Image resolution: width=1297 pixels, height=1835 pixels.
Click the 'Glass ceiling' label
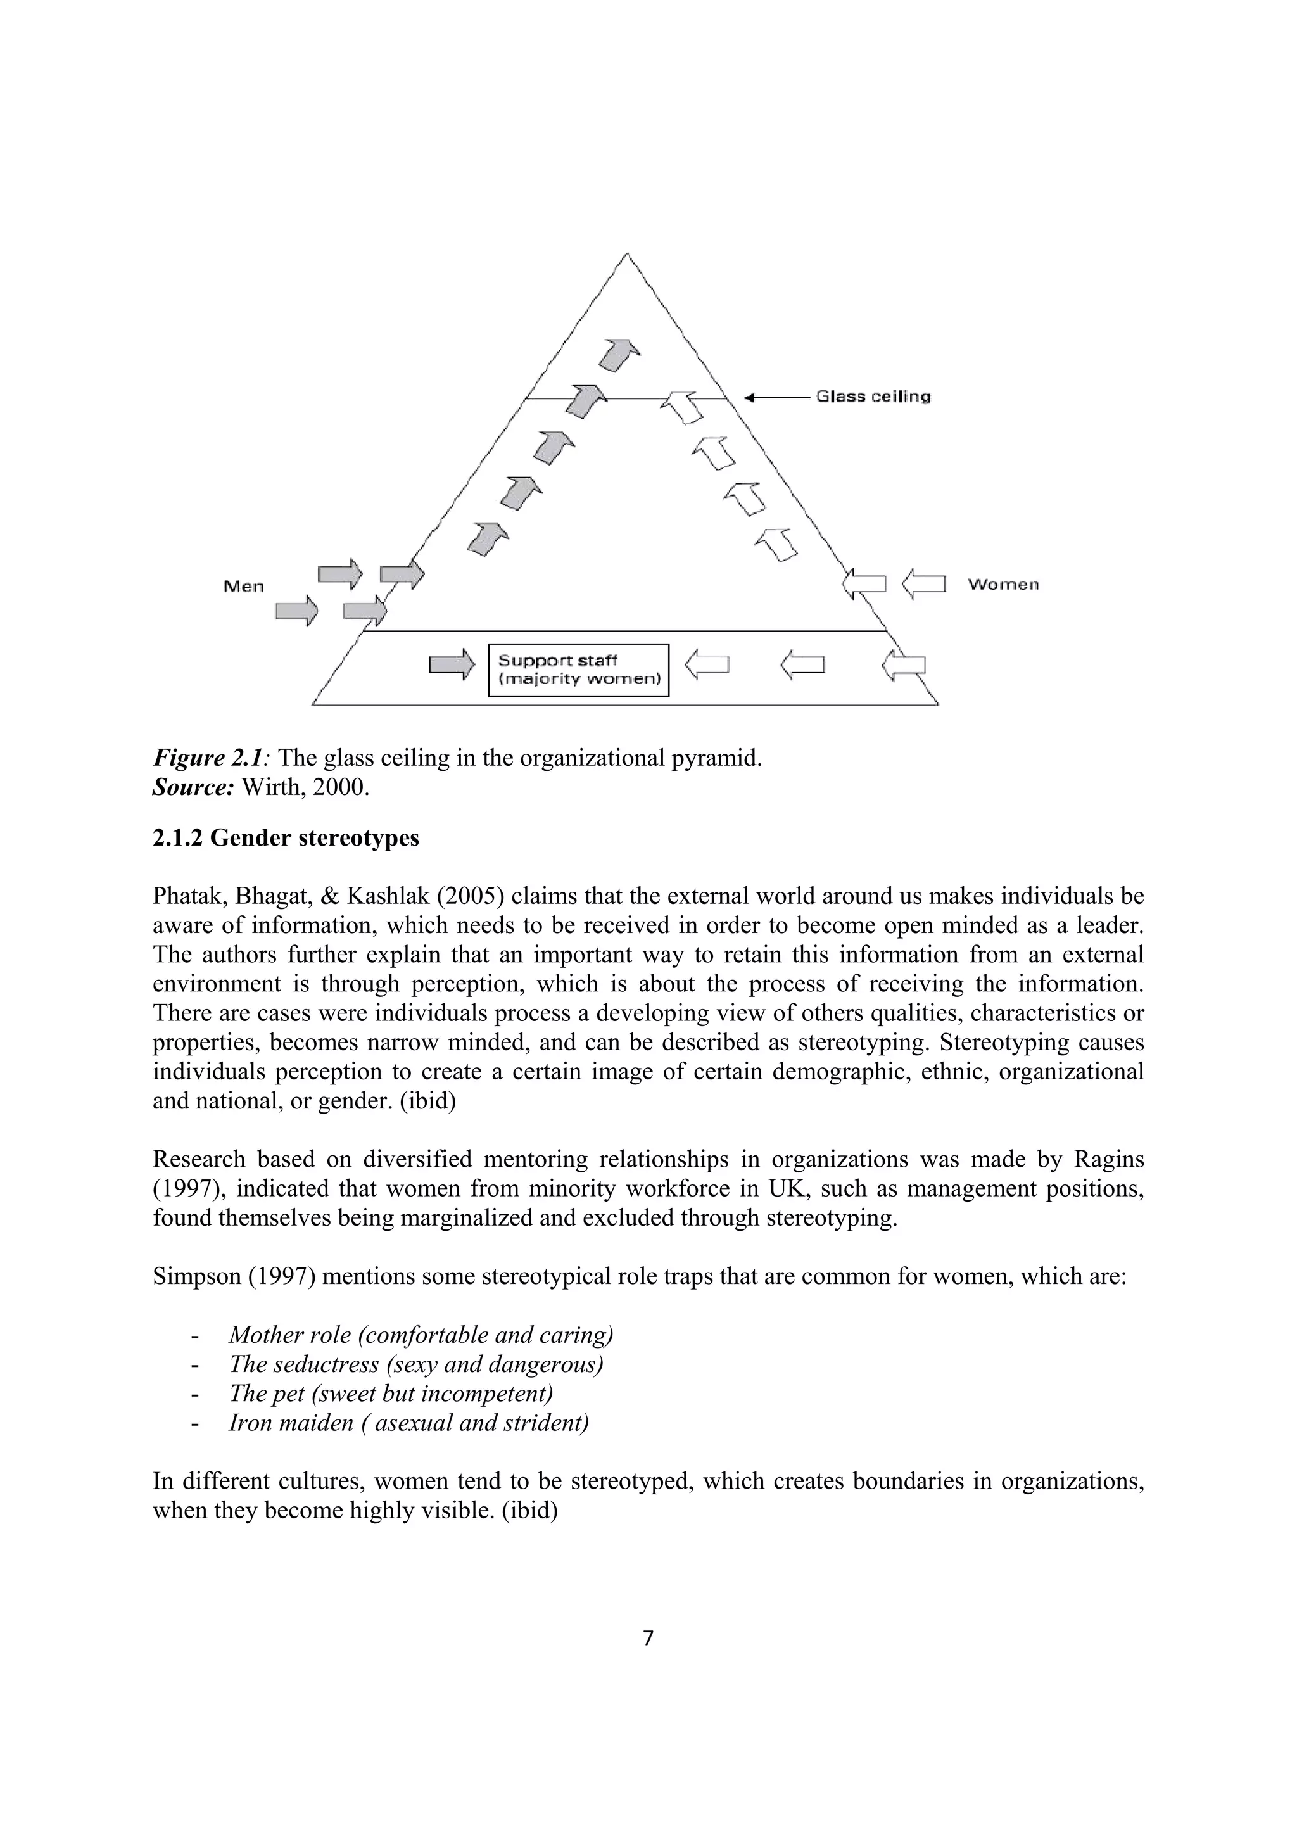(873, 397)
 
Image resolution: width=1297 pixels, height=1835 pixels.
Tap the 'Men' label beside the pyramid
(244, 587)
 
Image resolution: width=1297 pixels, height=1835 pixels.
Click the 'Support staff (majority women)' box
(579, 670)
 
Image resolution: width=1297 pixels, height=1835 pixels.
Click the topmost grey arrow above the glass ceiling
(619, 354)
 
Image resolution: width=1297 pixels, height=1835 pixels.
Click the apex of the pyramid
(626, 256)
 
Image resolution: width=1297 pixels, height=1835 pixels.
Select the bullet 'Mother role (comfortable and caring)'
(421, 1334)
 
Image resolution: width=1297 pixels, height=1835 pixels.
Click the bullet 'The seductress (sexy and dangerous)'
(415, 1364)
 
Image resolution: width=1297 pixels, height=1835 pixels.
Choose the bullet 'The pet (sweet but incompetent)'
(391, 1393)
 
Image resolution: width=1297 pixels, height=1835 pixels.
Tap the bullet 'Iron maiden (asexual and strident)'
(408, 1423)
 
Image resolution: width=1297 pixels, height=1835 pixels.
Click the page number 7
(648, 1639)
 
